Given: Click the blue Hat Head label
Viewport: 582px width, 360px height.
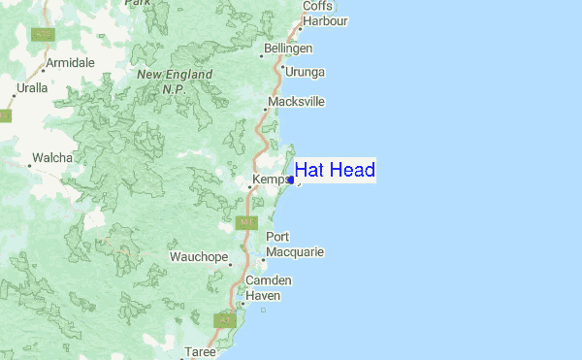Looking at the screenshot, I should (335, 171).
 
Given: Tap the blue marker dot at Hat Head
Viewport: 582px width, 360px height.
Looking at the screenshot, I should (291, 180).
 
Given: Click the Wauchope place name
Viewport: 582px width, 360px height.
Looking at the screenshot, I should (198, 257).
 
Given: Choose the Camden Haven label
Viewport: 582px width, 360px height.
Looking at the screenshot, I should (268, 287).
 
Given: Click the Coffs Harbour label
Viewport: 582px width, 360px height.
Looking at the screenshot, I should (322, 13).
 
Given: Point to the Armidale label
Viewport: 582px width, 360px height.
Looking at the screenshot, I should (71, 62).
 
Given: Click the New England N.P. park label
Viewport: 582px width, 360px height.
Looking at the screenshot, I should (174, 81).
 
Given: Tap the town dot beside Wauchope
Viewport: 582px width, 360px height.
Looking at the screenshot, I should (230, 262).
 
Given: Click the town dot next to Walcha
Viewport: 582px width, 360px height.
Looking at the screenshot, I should (29, 166).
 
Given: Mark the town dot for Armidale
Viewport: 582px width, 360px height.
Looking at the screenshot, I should (44, 71).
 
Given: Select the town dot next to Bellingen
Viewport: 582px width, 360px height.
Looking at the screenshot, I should (262, 54).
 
